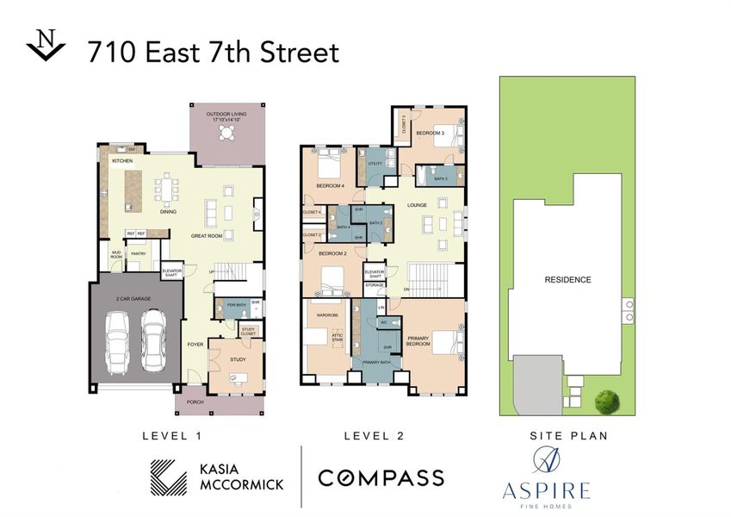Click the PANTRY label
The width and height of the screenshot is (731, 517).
[x=138, y=254]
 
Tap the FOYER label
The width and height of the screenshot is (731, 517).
[x=195, y=344]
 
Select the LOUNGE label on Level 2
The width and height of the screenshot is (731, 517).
[x=417, y=205]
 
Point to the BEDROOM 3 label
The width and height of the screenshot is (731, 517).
[x=430, y=134]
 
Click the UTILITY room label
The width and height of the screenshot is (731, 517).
[x=375, y=163]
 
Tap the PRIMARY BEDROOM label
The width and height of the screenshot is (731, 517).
[x=418, y=341]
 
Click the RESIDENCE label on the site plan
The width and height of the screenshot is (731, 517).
[x=567, y=279]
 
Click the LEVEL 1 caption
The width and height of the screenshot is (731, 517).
[x=171, y=436]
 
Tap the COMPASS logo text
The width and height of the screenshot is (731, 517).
[x=381, y=477]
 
